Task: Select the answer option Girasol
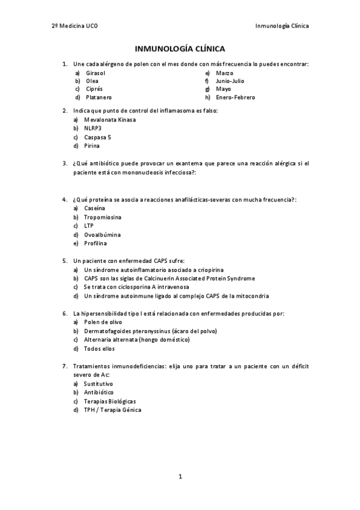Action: click(96, 72)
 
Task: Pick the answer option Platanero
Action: click(99, 97)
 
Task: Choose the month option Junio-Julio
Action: click(230, 81)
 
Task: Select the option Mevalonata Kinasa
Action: click(111, 119)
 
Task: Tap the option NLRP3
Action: click(93, 128)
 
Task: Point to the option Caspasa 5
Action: click(98, 137)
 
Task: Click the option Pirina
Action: click(92, 145)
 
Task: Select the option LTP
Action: click(89, 226)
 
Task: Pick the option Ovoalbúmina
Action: click(102, 235)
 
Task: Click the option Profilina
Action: click(96, 243)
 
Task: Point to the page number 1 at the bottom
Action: click(180, 476)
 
